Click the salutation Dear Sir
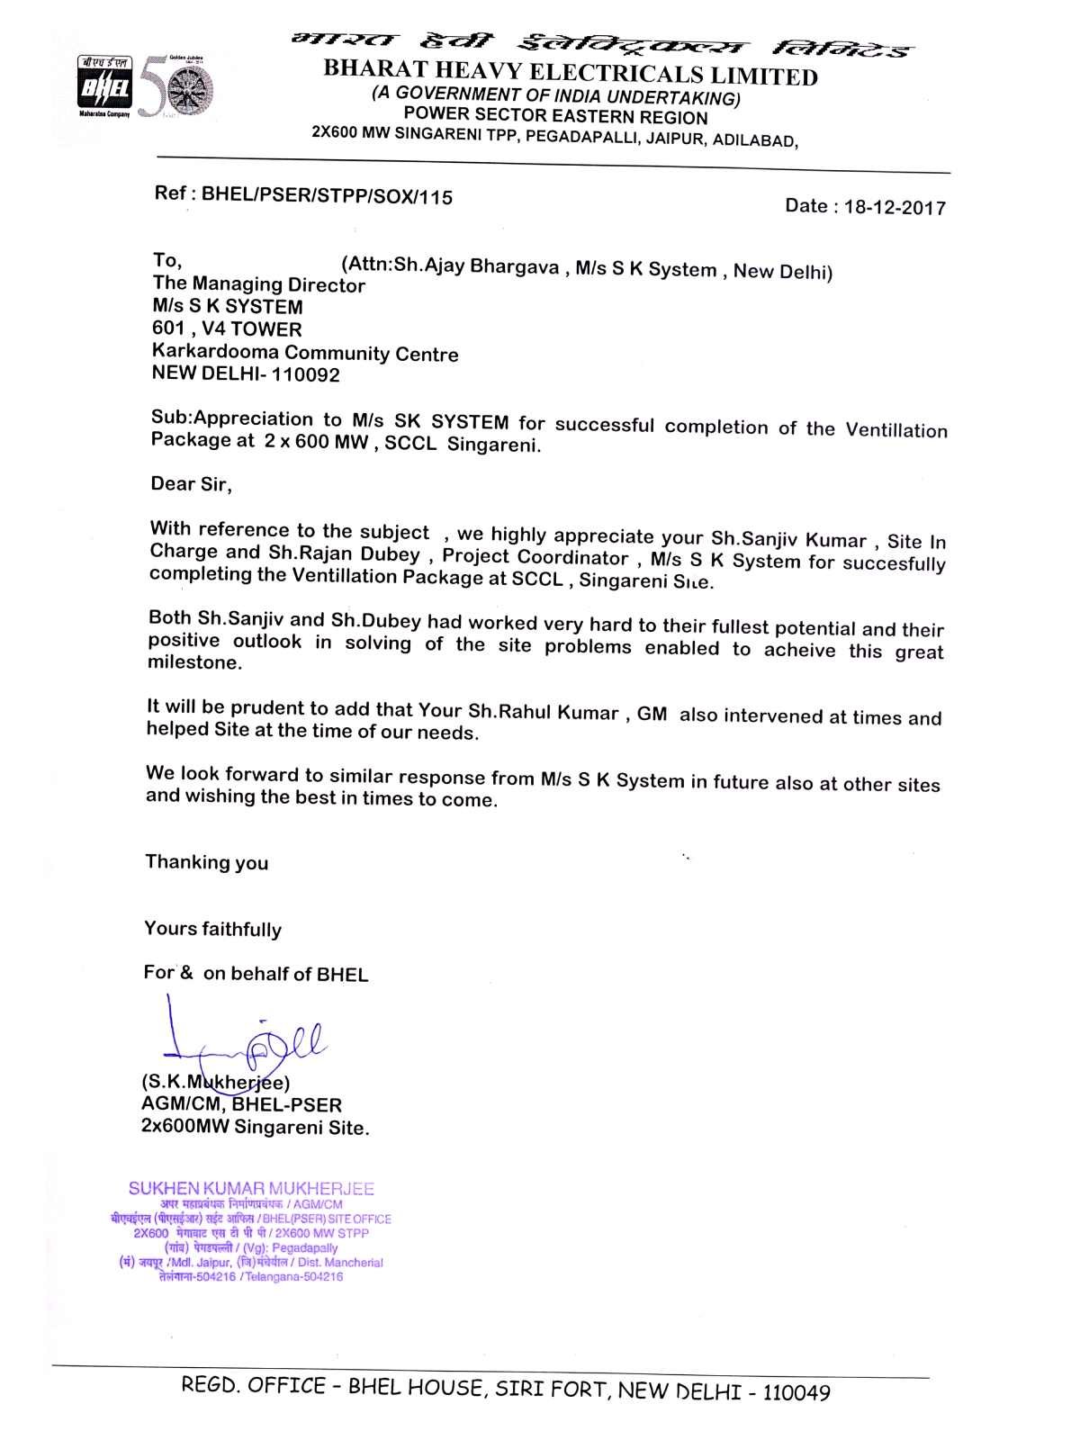(x=191, y=484)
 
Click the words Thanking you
(x=207, y=862)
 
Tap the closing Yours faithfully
(x=213, y=929)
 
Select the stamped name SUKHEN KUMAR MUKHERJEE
(x=251, y=1189)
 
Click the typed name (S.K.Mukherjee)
(x=215, y=1082)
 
